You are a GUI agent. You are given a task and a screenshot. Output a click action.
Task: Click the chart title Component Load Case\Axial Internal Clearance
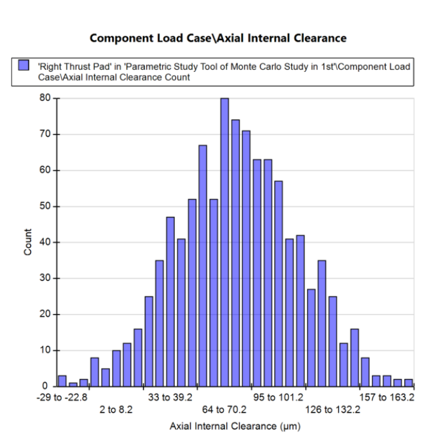click(218, 38)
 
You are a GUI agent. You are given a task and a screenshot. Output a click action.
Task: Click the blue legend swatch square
click(24, 65)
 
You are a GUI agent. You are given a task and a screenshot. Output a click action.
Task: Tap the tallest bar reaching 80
click(224, 242)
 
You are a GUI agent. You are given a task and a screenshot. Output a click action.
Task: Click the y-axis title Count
click(27, 242)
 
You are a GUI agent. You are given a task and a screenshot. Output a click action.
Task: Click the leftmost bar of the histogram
click(62, 381)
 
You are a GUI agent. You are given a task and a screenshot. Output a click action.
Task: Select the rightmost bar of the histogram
click(408, 383)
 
